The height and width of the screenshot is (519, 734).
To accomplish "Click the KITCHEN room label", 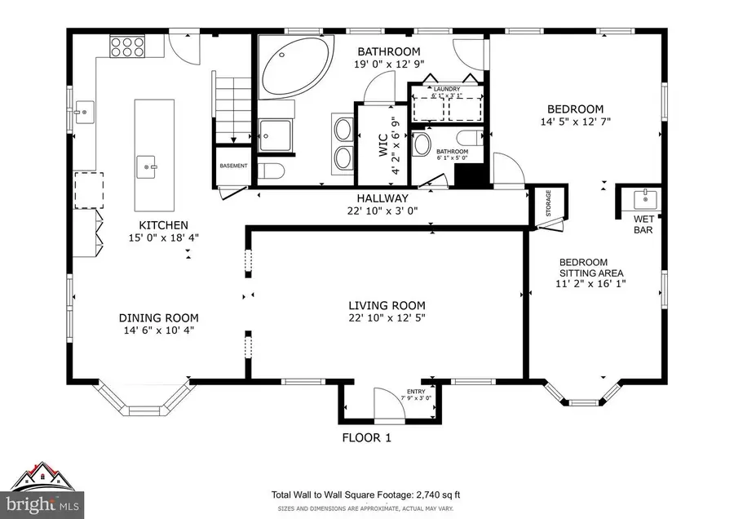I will coord(163,225).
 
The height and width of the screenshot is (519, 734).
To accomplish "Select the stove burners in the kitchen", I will coord(127,47).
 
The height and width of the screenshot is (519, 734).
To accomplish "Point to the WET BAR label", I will coord(644,224).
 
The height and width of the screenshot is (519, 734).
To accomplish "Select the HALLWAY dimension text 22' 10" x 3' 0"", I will coord(382,211).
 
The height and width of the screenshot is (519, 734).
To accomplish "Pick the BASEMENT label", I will coord(232,166).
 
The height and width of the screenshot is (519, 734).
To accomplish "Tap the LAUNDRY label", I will coord(447,89).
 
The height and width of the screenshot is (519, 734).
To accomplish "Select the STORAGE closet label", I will coord(548,204).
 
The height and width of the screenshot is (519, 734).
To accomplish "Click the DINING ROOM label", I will coord(159,318).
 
